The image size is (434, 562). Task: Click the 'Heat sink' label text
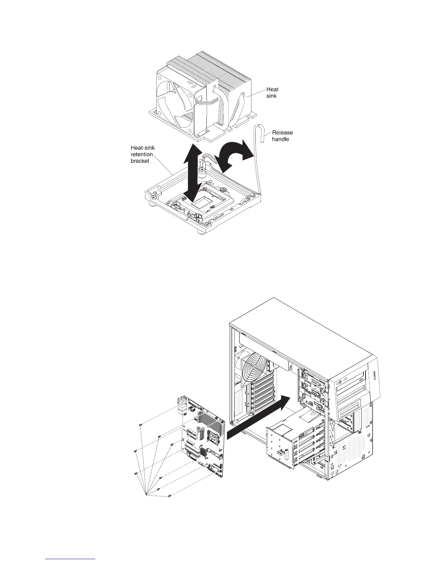pos(272,93)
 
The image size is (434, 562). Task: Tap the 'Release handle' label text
pos(282,136)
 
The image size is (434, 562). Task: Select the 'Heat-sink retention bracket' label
pos(143,154)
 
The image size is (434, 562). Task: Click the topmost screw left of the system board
pos(141,424)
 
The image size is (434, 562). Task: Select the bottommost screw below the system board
pos(171,495)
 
